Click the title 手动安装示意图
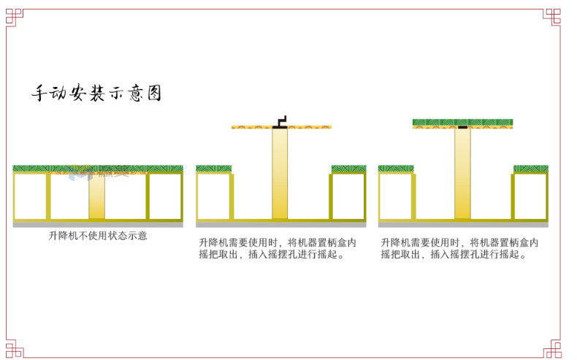coord(96,94)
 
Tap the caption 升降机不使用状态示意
coord(98,236)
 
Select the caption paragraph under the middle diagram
coord(277,248)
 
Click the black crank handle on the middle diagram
coord(280,121)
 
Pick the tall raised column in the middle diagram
coord(280,173)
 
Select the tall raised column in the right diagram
coord(462,173)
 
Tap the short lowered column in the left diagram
coord(97,196)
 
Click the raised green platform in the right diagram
coord(462,123)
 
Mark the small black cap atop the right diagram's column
coord(462,128)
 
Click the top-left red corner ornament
coord(14,16)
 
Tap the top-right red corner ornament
coord(552,16)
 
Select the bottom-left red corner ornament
coord(14,349)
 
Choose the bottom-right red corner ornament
coord(552,349)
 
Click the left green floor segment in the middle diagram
coord(214,169)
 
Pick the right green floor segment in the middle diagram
coord(348,169)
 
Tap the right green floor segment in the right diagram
coord(530,169)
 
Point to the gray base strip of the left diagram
coord(98,224)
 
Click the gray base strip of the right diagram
coord(462,224)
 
